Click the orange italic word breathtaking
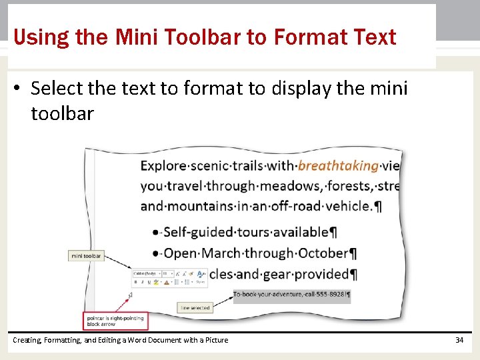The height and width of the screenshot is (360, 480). coord(338,166)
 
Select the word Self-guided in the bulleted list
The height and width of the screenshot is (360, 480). coord(197,233)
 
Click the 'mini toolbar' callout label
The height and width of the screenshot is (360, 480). coord(87,256)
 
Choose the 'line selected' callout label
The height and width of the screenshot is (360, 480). coord(195,308)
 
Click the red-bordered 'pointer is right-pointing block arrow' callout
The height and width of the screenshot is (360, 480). coord(115,321)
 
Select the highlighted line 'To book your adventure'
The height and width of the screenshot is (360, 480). coord(291,294)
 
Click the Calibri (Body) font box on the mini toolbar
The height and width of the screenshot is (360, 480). coord(146,273)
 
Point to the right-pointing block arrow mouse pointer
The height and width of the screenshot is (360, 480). coord(131,294)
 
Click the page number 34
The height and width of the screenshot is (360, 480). coord(459,340)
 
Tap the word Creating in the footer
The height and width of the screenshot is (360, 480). coord(27,340)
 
